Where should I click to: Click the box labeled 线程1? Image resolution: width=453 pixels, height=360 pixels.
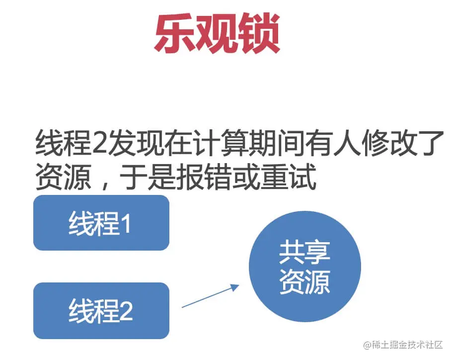(x=101, y=223)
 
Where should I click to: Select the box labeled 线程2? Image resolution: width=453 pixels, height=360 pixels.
(x=101, y=310)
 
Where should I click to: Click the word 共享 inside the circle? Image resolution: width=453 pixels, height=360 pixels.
(x=304, y=253)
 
